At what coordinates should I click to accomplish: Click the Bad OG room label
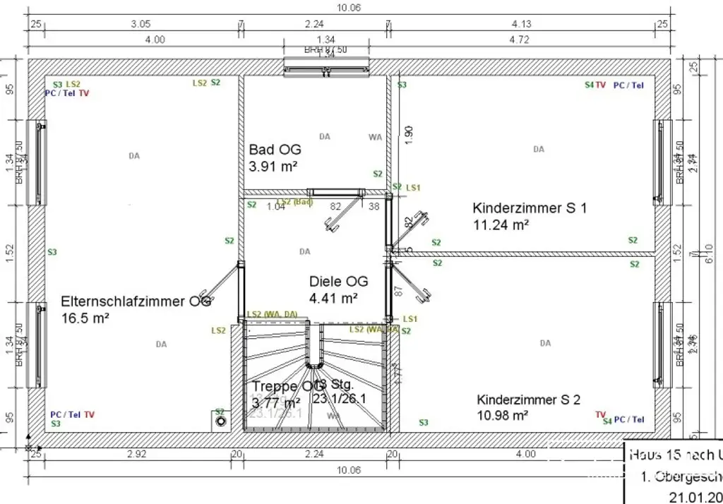[x=275, y=150]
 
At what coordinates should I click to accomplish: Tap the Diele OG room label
[x=339, y=282]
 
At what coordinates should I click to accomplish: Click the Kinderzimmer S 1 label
[x=530, y=208]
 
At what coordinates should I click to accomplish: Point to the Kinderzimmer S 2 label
[x=528, y=400]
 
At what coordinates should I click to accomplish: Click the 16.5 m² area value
[x=85, y=318]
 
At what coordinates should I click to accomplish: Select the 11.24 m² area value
[x=501, y=225]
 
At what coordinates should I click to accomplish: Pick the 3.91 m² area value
[x=273, y=167]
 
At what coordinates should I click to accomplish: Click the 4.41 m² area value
[x=333, y=299]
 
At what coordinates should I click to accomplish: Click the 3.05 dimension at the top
[x=141, y=23]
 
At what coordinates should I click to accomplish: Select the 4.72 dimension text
[x=519, y=40]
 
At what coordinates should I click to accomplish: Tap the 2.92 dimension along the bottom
[x=136, y=454]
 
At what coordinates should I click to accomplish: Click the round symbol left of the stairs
[x=221, y=421]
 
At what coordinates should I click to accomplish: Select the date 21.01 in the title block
[x=689, y=496]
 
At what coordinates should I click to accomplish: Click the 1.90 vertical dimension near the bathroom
[x=409, y=135]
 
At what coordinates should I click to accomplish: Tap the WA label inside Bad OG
[x=375, y=137]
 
